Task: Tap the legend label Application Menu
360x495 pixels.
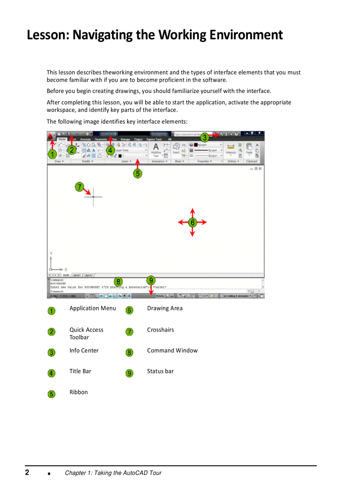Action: [x=92, y=309]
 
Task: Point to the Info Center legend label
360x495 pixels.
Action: [x=84, y=351]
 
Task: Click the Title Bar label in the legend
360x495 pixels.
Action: [x=80, y=372]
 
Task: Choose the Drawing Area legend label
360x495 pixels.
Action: [x=165, y=309]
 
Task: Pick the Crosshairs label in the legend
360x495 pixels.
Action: [x=160, y=330]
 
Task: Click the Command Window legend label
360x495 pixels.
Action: [x=172, y=351]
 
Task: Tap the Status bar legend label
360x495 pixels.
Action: [x=160, y=372]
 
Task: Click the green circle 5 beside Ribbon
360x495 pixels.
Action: [x=52, y=394]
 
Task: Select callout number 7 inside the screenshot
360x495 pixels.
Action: [x=79, y=186]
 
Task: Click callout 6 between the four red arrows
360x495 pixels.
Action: [x=192, y=223]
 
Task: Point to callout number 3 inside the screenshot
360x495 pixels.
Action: [x=205, y=137]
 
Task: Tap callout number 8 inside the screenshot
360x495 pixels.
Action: [x=118, y=282]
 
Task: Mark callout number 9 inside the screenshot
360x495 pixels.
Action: [x=151, y=280]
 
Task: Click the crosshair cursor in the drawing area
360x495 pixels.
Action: [x=93, y=197]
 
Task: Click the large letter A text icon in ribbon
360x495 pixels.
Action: [x=156, y=147]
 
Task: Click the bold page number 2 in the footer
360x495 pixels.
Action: [x=27, y=473]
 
